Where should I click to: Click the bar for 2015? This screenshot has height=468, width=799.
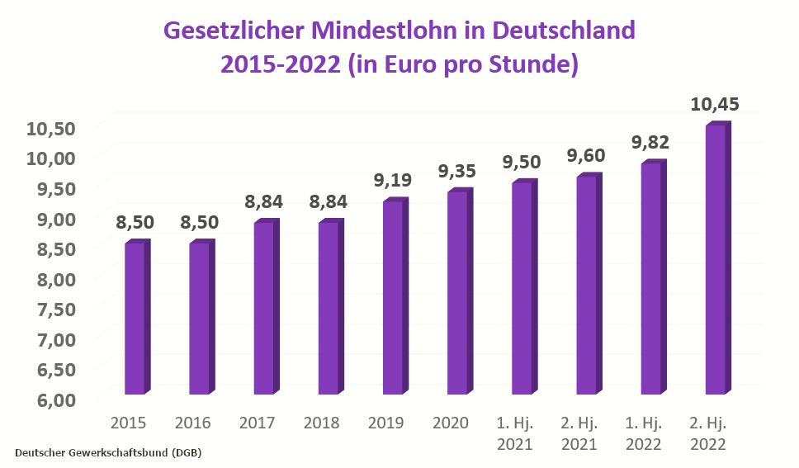(x=135, y=319)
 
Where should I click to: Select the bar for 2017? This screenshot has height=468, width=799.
(x=263, y=308)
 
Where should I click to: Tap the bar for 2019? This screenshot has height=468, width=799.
(x=392, y=297)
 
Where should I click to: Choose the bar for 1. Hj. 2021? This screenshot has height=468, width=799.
(x=522, y=288)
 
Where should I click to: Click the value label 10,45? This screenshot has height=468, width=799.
(x=715, y=105)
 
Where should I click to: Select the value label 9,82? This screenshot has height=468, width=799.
(x=650, y=143)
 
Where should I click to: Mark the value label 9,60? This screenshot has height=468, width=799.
(x=586, y=155)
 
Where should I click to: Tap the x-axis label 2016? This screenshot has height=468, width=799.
(x=192, y=423)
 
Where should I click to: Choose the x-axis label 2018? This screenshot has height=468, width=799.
(x=322, y=423)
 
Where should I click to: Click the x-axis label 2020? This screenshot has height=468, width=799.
(x=451, y=423)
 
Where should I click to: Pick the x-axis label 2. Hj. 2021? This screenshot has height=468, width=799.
(x=579, y=433)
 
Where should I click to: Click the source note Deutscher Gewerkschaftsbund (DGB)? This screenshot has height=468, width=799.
(x=108, y=453)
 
